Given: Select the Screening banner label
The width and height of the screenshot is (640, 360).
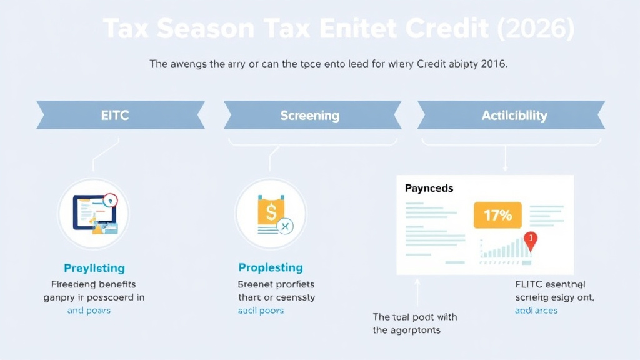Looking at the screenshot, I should click(x=309, y=116).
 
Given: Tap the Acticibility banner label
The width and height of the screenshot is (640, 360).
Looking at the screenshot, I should click(x=514, y=116).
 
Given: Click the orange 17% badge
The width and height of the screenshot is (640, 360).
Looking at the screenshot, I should click(x=497, y=216).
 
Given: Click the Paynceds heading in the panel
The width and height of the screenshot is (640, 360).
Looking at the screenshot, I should click(x=429, y=188).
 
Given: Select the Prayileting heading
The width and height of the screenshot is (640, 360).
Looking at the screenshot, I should click(x=94, y=268).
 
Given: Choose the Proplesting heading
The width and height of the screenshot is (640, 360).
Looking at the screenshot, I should click(x=271, y=267).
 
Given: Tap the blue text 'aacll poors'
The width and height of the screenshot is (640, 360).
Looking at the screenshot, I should click(x=261, y=311).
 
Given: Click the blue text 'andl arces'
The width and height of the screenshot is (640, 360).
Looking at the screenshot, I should click(x=536, y=311).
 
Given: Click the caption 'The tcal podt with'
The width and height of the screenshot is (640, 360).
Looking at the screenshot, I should click(x=415, y=317).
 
